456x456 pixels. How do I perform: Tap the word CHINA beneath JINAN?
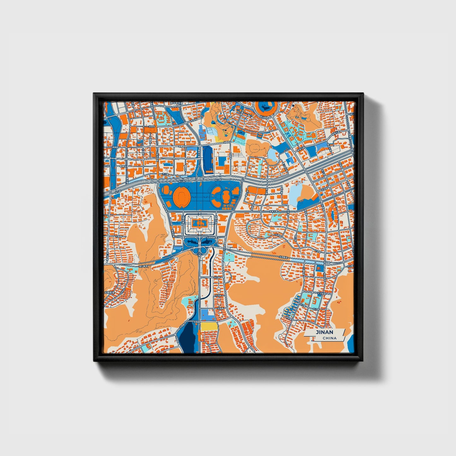pos(329,338)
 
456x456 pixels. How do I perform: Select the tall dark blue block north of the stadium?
pos(208,160)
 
